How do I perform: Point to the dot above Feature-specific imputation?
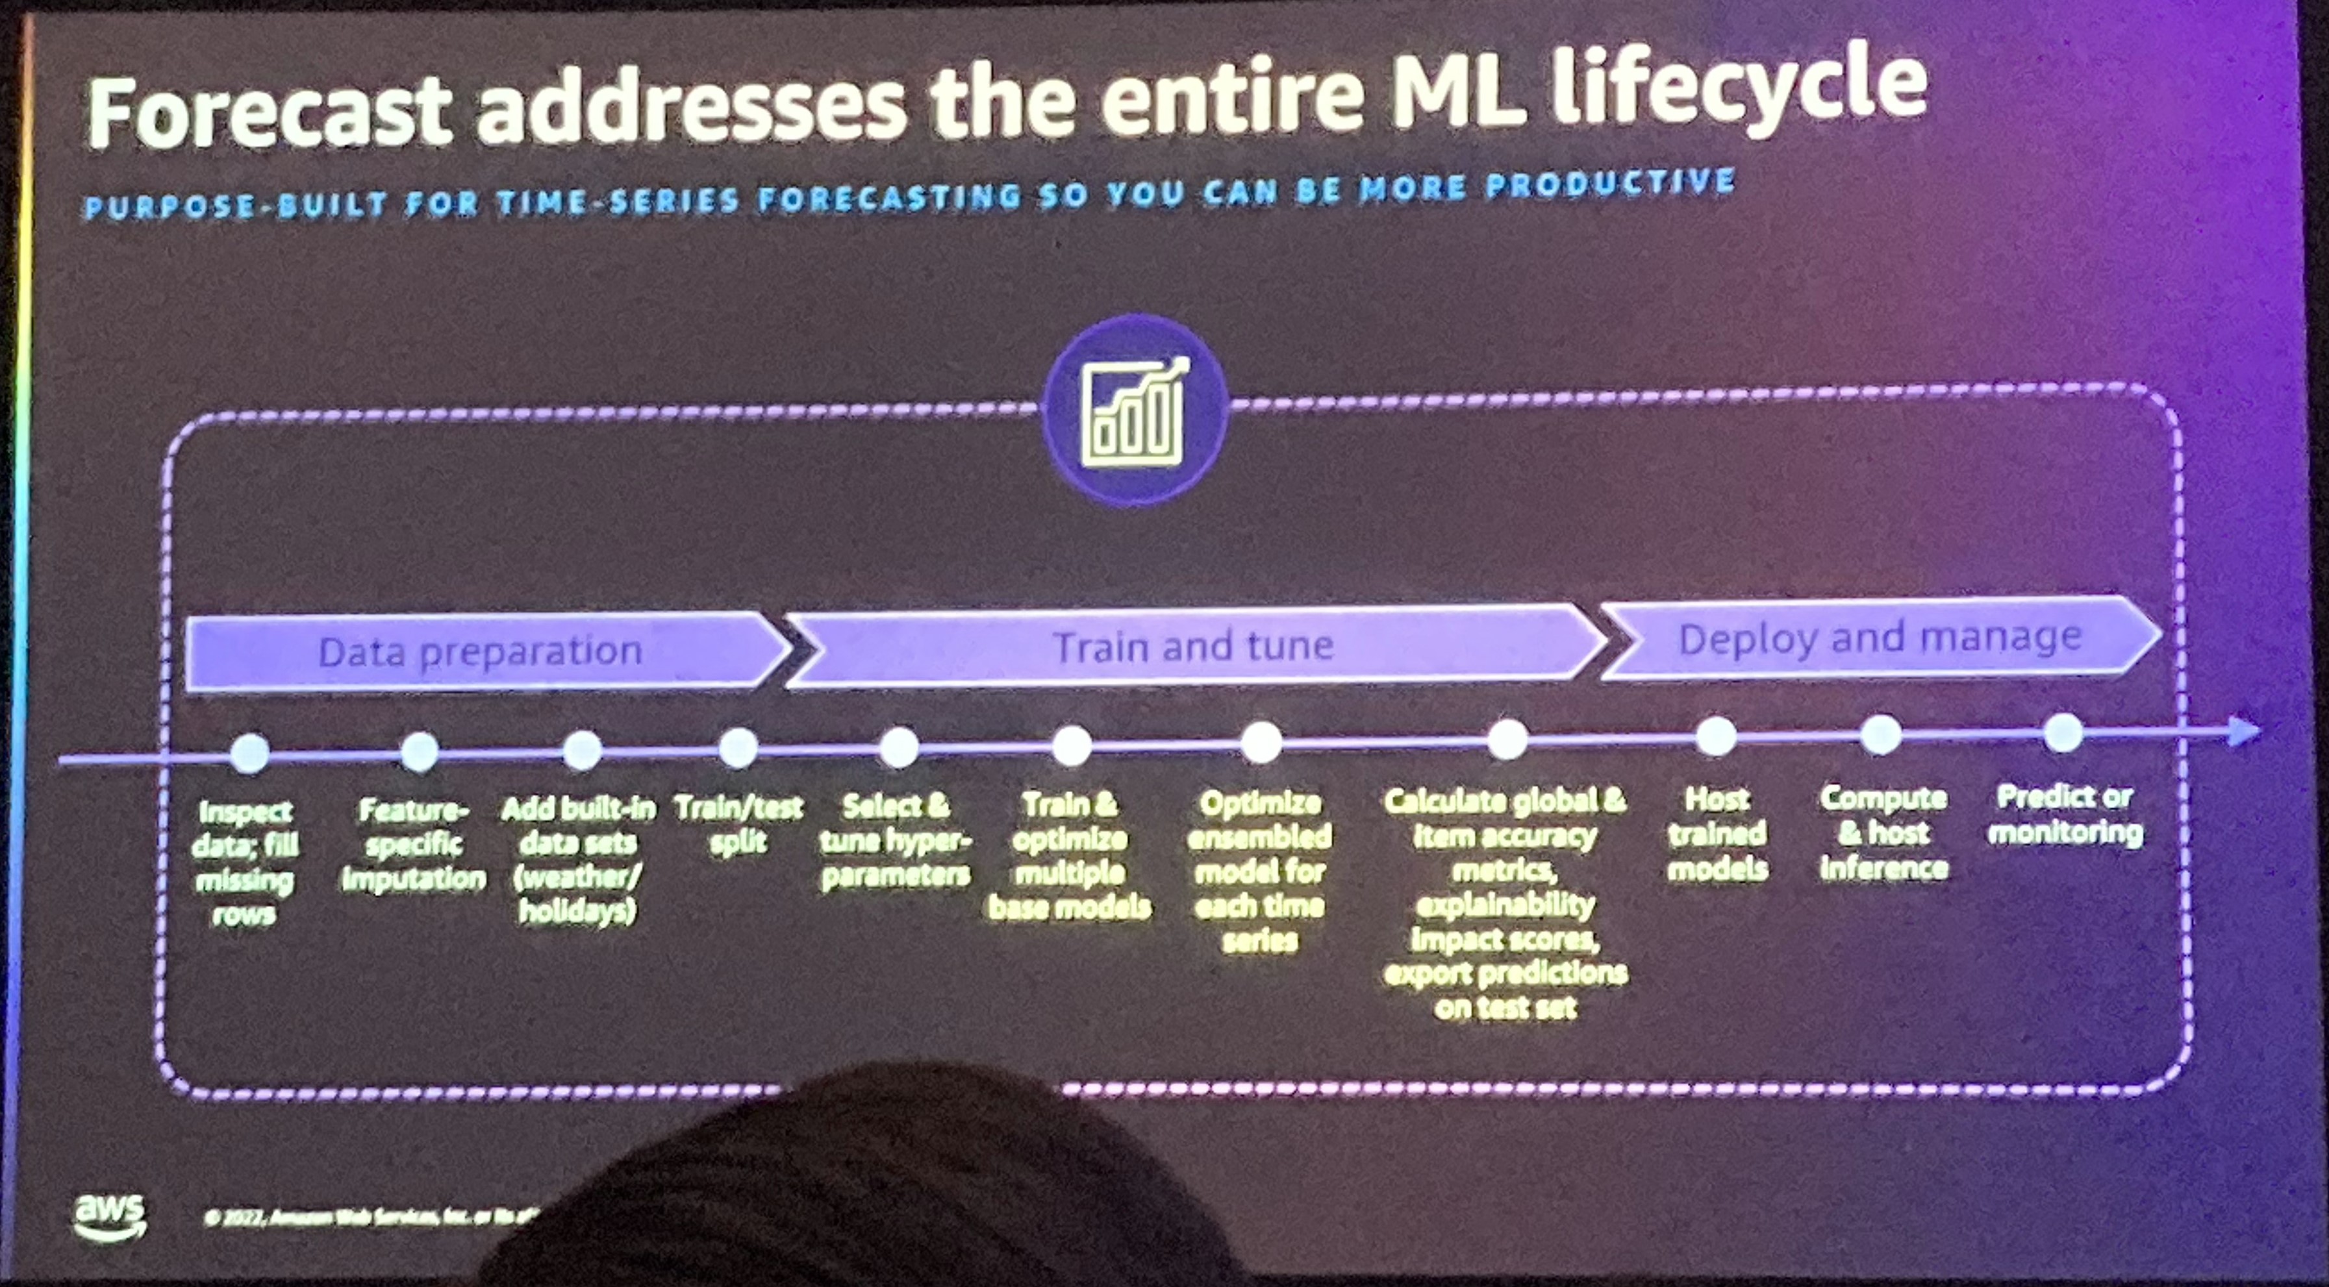420,752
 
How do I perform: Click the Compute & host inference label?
1883,832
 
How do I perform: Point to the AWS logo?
109,1216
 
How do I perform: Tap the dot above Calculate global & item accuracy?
1507,740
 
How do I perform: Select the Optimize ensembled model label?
1259,872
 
